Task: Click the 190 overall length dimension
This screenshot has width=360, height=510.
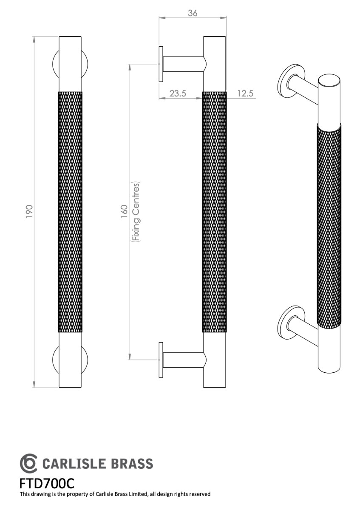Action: [29, 212]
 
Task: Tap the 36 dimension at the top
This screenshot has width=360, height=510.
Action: [192, 13]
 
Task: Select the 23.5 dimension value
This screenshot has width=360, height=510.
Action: [178, 93]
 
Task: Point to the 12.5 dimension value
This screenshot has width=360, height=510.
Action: [245, 93]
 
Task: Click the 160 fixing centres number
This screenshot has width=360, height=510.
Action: [124, 212]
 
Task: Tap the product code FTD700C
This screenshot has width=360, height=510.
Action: [47, 484]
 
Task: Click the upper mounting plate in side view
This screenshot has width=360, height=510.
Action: [161, 64]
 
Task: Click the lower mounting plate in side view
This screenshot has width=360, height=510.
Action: [161, 360]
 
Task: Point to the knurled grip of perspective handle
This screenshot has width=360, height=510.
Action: [329, 225]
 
